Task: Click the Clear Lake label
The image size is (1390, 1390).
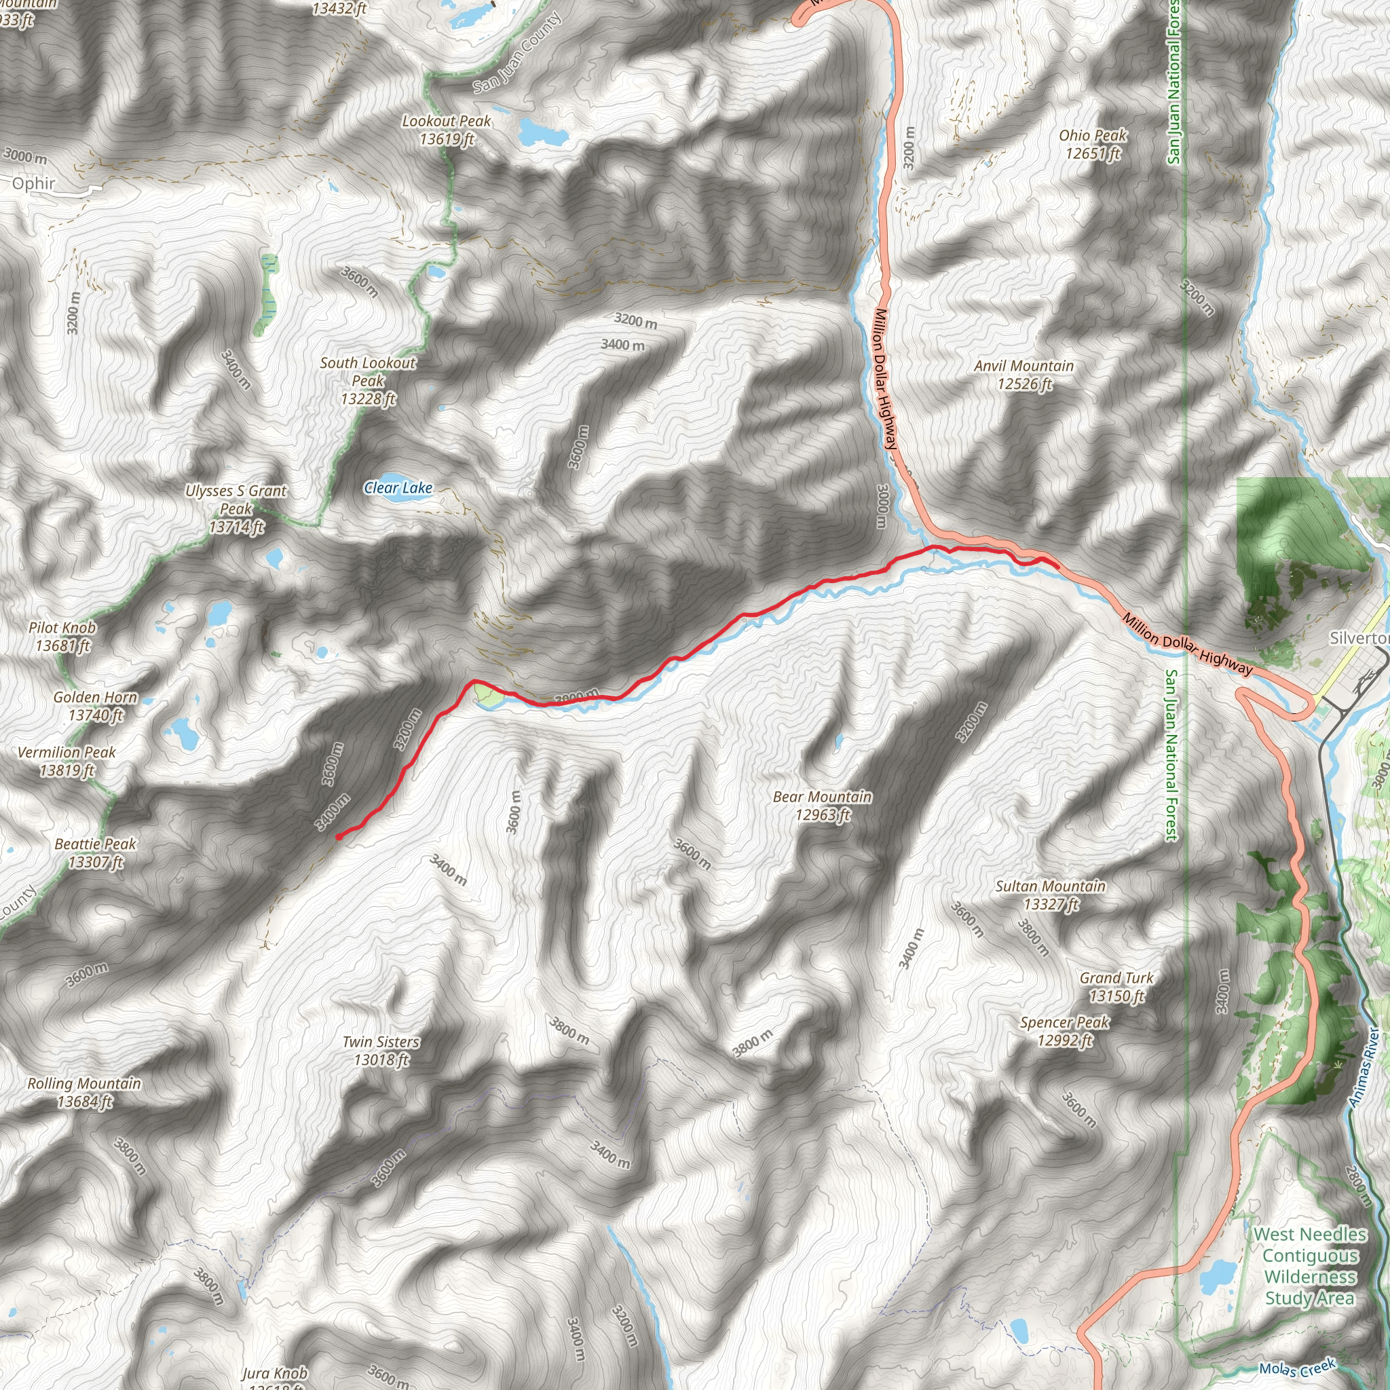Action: [398, 488]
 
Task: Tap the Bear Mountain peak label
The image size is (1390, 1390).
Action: [823, 806]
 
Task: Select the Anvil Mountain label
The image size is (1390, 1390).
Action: [1023, 375]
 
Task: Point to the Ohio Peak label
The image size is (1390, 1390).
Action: [1093, 144]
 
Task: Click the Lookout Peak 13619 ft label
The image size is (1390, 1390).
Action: [446, 130]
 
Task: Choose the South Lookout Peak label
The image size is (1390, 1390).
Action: [368, 381]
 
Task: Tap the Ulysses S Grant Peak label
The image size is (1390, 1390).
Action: [236, 508]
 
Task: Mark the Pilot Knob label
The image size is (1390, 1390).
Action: [62, 637]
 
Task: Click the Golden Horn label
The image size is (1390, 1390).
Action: [95, 706]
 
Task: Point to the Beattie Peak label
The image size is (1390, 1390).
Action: [96, 852]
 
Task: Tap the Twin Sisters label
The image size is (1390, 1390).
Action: [381, 1051]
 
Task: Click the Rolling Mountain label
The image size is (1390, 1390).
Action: [84, 1092]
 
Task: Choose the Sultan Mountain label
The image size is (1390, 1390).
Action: [1051, 895]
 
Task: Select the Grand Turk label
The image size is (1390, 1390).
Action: [1116, 986]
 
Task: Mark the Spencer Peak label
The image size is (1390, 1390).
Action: [1065, 1031]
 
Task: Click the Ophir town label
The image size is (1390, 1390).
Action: [33, 183]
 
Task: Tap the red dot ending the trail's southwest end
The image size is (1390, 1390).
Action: [339, 837]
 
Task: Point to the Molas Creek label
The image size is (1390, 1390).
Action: [1297, 1368]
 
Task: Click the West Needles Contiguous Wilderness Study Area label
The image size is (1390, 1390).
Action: [1309, 1266]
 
